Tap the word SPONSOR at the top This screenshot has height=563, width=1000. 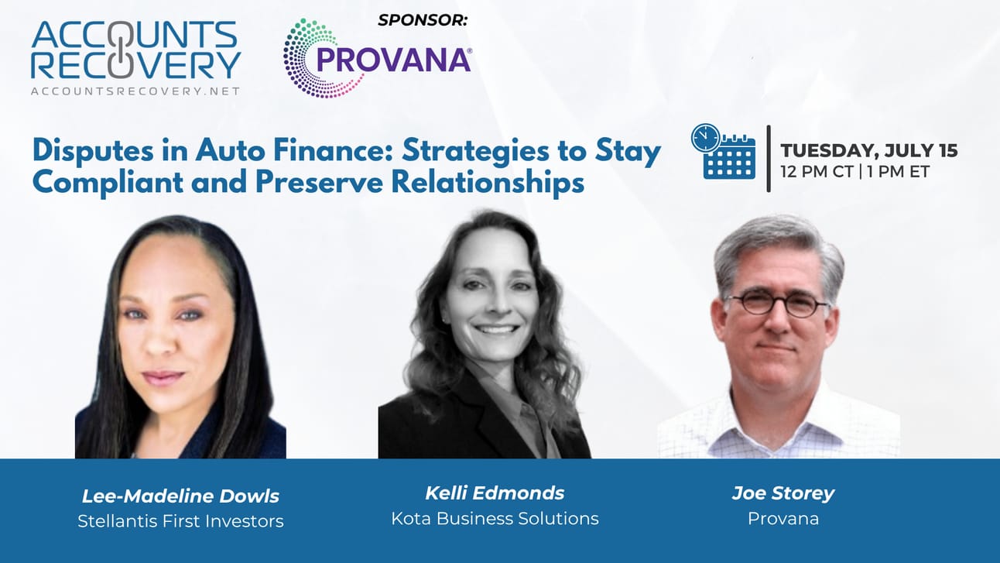click(423, 20)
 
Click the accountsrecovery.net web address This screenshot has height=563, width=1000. click(135, 91)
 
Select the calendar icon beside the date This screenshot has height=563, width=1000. click(724, 152)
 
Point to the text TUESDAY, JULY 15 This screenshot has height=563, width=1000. click(868, 150)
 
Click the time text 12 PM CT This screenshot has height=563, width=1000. click(817, 172)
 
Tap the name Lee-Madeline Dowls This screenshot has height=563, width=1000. click(180, 496)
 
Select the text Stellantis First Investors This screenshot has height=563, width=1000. click(180, 521)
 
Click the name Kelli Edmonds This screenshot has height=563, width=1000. click(495, 493)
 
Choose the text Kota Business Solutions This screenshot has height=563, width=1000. click(495, 518)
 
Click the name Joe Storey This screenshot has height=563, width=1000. click(783, 493)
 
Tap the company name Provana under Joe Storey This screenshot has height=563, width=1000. click(783, 519)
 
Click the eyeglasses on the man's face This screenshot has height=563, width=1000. click(777, 303)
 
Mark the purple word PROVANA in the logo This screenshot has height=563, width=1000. click(393, 60)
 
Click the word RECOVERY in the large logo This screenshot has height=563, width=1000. click(135, 65)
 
